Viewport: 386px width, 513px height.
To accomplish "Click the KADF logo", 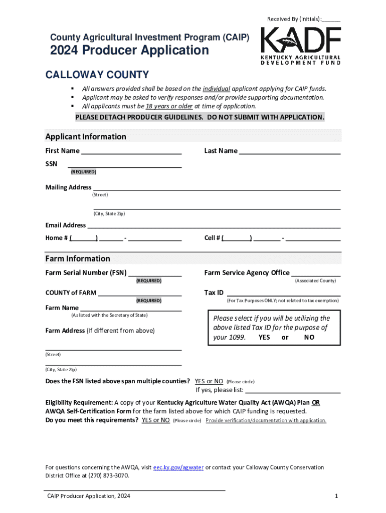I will [300, 46].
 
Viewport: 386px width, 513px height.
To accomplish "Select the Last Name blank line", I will [290, 151].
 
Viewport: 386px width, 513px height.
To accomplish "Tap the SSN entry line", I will [124, 164].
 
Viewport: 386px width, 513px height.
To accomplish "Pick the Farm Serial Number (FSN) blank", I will [155, 274].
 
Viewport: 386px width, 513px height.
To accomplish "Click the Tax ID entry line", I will [284, 293].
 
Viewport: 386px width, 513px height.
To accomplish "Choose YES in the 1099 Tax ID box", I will [264, 337].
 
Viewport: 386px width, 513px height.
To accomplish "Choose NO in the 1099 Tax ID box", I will [309, 337].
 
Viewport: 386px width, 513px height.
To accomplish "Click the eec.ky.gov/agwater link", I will [178, 467].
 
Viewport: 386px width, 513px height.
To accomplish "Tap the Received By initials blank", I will [331, 20].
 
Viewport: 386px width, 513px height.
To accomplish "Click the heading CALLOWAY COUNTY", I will [97, 75].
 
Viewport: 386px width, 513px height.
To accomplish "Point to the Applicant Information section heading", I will [86, 137].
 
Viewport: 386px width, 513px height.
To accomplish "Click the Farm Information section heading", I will [78, 259].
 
